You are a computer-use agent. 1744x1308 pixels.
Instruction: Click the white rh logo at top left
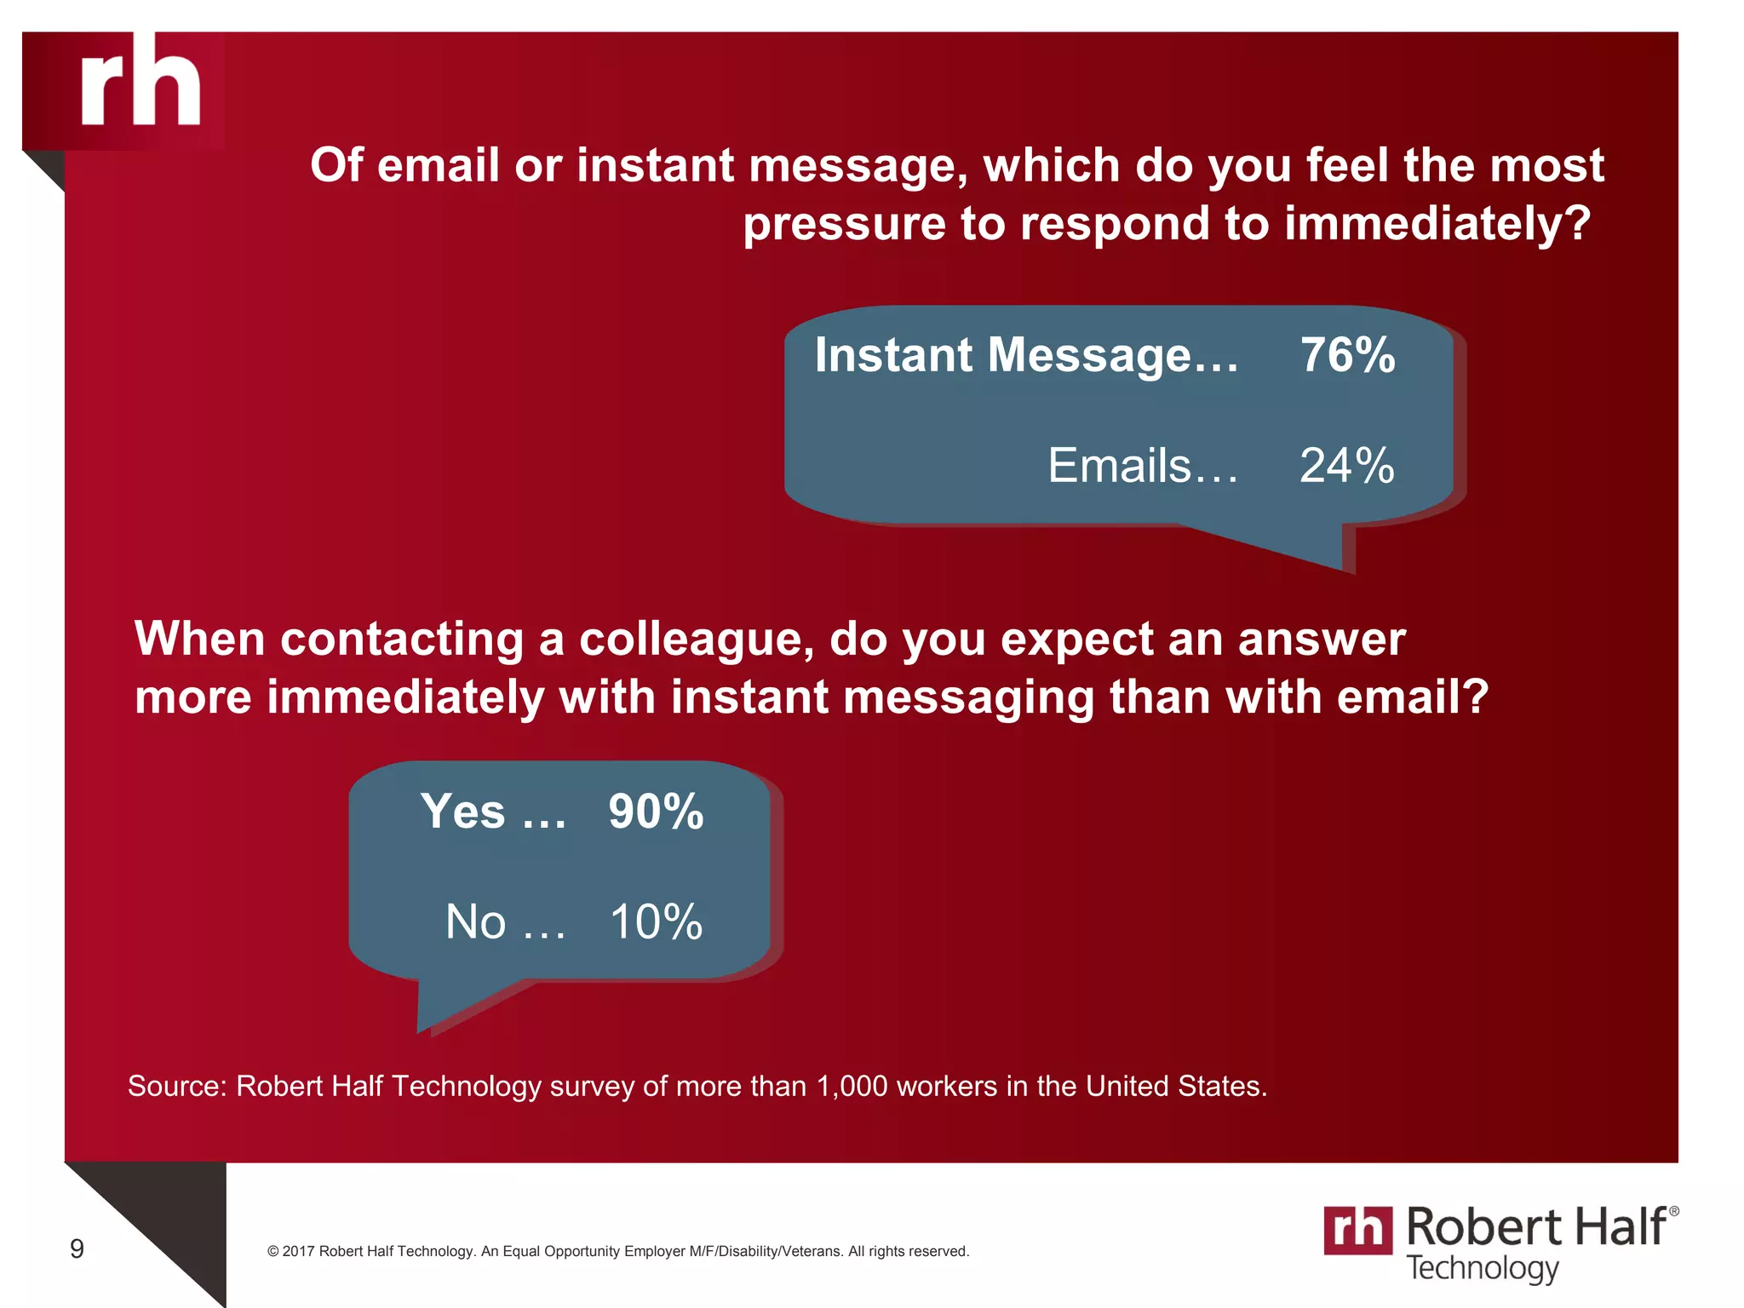(141, 83)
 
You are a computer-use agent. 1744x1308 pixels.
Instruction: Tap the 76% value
(1347, 355)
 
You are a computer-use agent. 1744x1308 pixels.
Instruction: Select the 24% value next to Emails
(1346, 466)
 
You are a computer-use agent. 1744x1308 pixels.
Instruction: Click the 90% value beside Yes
(656, 812)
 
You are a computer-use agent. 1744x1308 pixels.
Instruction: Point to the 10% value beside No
(656, 922)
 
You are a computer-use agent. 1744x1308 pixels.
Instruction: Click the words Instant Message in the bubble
(1002, 355)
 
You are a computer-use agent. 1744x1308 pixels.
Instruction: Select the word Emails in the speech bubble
(1119, 466)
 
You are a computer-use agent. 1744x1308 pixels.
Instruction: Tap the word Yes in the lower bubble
(462, 812)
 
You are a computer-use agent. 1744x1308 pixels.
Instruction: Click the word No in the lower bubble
(475, 922)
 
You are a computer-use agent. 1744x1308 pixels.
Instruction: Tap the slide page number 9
(77, 1249)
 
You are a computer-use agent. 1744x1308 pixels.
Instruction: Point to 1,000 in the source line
(852, 1087)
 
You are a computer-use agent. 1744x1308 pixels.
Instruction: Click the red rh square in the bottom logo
(1357, 1231)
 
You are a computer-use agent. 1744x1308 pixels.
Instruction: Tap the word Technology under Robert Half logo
(1482, 1268)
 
